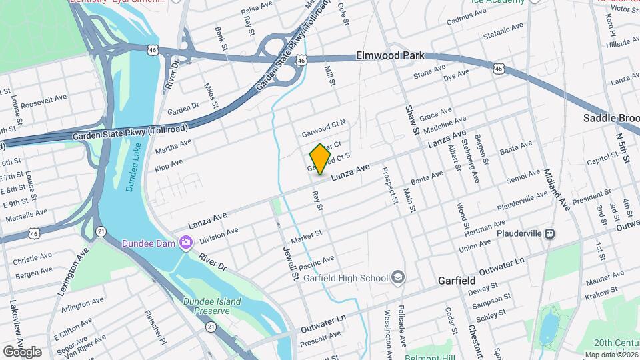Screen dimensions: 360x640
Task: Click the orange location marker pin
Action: point(320,159)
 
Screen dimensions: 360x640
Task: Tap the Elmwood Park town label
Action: point(391,56)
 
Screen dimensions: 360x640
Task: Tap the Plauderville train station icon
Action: point(550,233)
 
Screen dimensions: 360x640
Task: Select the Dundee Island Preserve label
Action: point(212,306)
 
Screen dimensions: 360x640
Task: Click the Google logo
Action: point(22,351)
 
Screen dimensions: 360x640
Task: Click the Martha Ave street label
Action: point(173,147)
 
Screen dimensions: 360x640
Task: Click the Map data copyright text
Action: point(610,354)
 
